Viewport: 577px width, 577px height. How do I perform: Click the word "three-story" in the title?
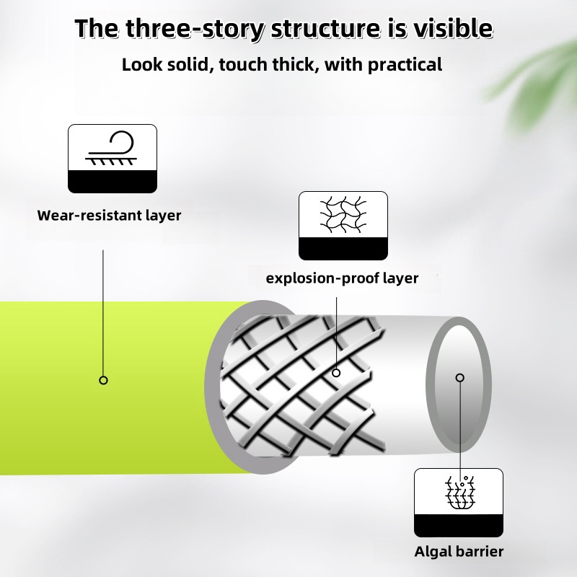[195, 29]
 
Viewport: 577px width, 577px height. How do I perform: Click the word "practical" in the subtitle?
[405, 65]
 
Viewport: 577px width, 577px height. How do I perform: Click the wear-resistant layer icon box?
[113, 159]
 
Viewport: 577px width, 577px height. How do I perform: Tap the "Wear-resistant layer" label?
[109, 215]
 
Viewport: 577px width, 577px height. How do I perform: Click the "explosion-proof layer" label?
[342, 278]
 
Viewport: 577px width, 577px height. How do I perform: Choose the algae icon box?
[459, 503]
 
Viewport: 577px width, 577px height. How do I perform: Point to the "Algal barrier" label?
[459, 552]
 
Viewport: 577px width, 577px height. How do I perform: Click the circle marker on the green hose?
[103, 380]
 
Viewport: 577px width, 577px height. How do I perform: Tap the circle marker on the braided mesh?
[336, 373]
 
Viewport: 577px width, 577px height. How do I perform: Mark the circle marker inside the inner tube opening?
[460, 377]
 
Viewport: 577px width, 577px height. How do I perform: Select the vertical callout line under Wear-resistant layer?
[103, 313]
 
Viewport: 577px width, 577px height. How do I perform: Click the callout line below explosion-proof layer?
[336, 333]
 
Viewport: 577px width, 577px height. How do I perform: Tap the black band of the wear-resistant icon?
[113, 182]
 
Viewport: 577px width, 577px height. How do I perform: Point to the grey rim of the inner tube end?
[430, 385]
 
